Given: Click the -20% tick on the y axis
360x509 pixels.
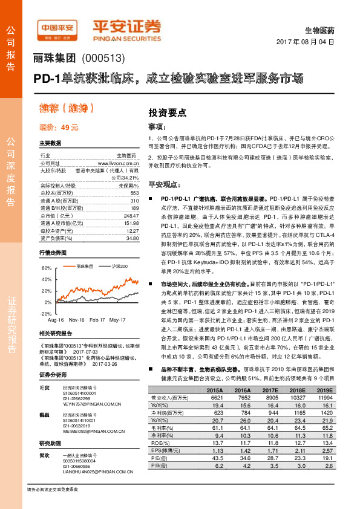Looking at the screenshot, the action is [x=45, y=314].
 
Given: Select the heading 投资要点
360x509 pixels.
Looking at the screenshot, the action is [x=168, y=112].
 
